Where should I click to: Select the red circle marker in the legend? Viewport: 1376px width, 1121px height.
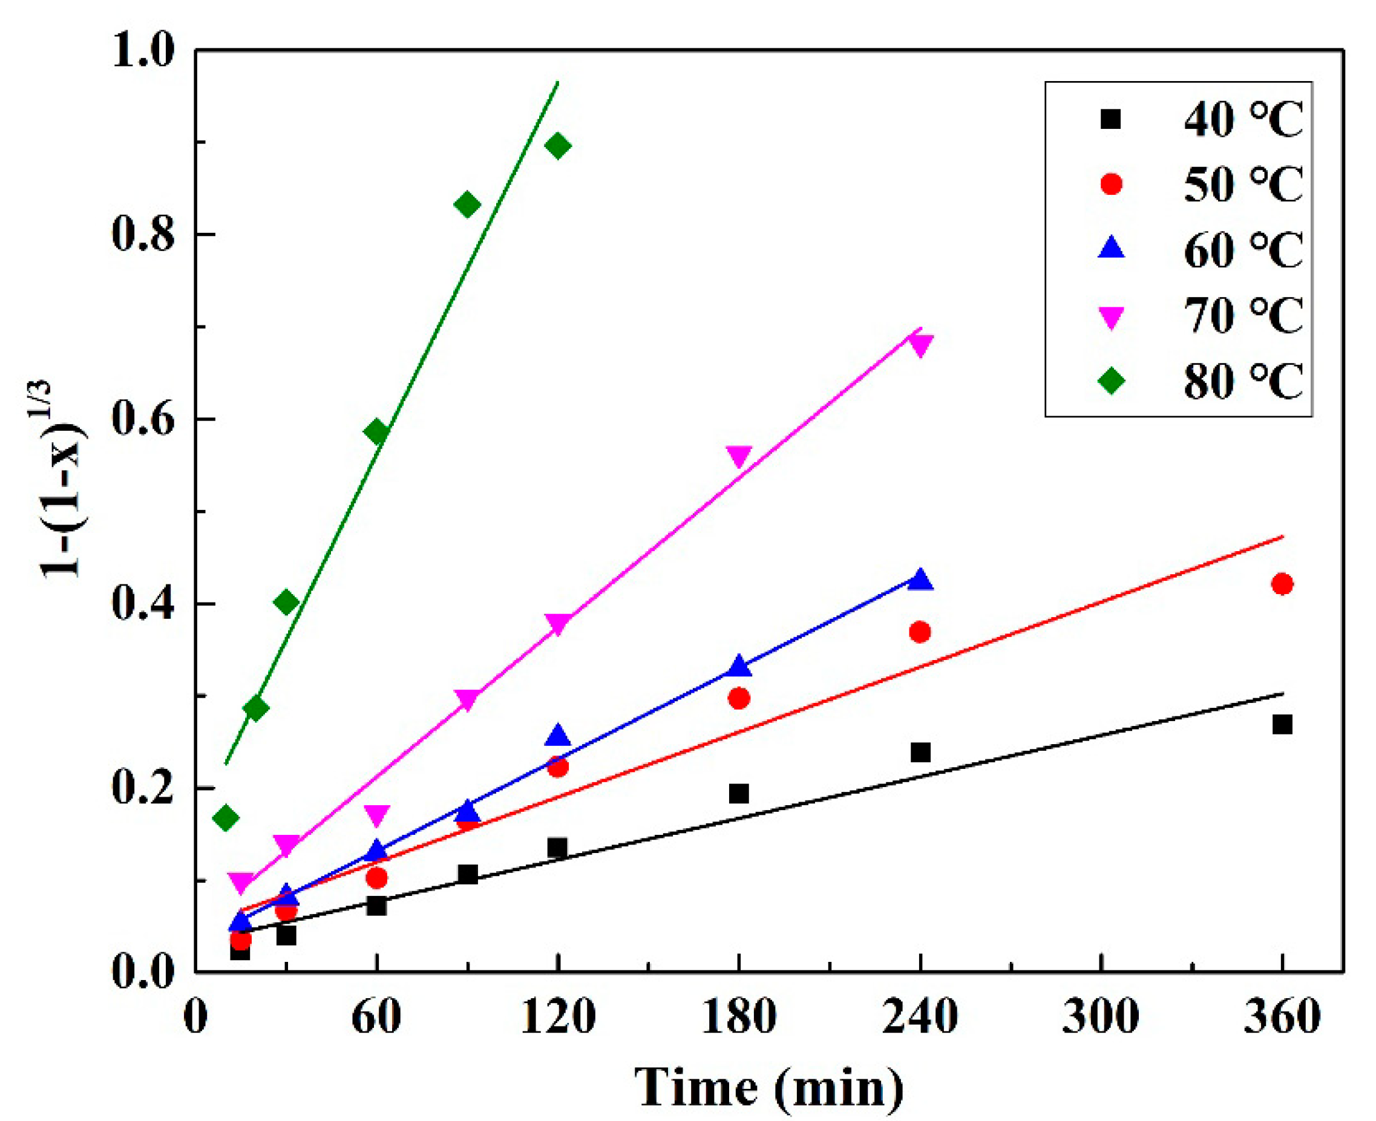coord(1111,184)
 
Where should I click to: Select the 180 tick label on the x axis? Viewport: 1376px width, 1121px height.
coord(738,1018)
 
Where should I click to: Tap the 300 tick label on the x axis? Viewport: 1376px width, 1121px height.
coord(1100,1018)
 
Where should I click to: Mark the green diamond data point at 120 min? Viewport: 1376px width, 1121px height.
coord(558,146)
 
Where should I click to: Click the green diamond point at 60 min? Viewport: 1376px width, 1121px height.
coord(377,431)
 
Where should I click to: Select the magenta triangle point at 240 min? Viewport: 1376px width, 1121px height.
coord(920,345)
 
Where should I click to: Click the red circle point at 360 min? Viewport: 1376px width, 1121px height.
coord(1282,584)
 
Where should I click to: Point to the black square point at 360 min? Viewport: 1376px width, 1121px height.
coord(1282,725)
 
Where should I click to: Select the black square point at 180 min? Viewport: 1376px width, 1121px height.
coord(739,794)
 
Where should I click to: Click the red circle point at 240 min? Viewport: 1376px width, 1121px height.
coord(920,632)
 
